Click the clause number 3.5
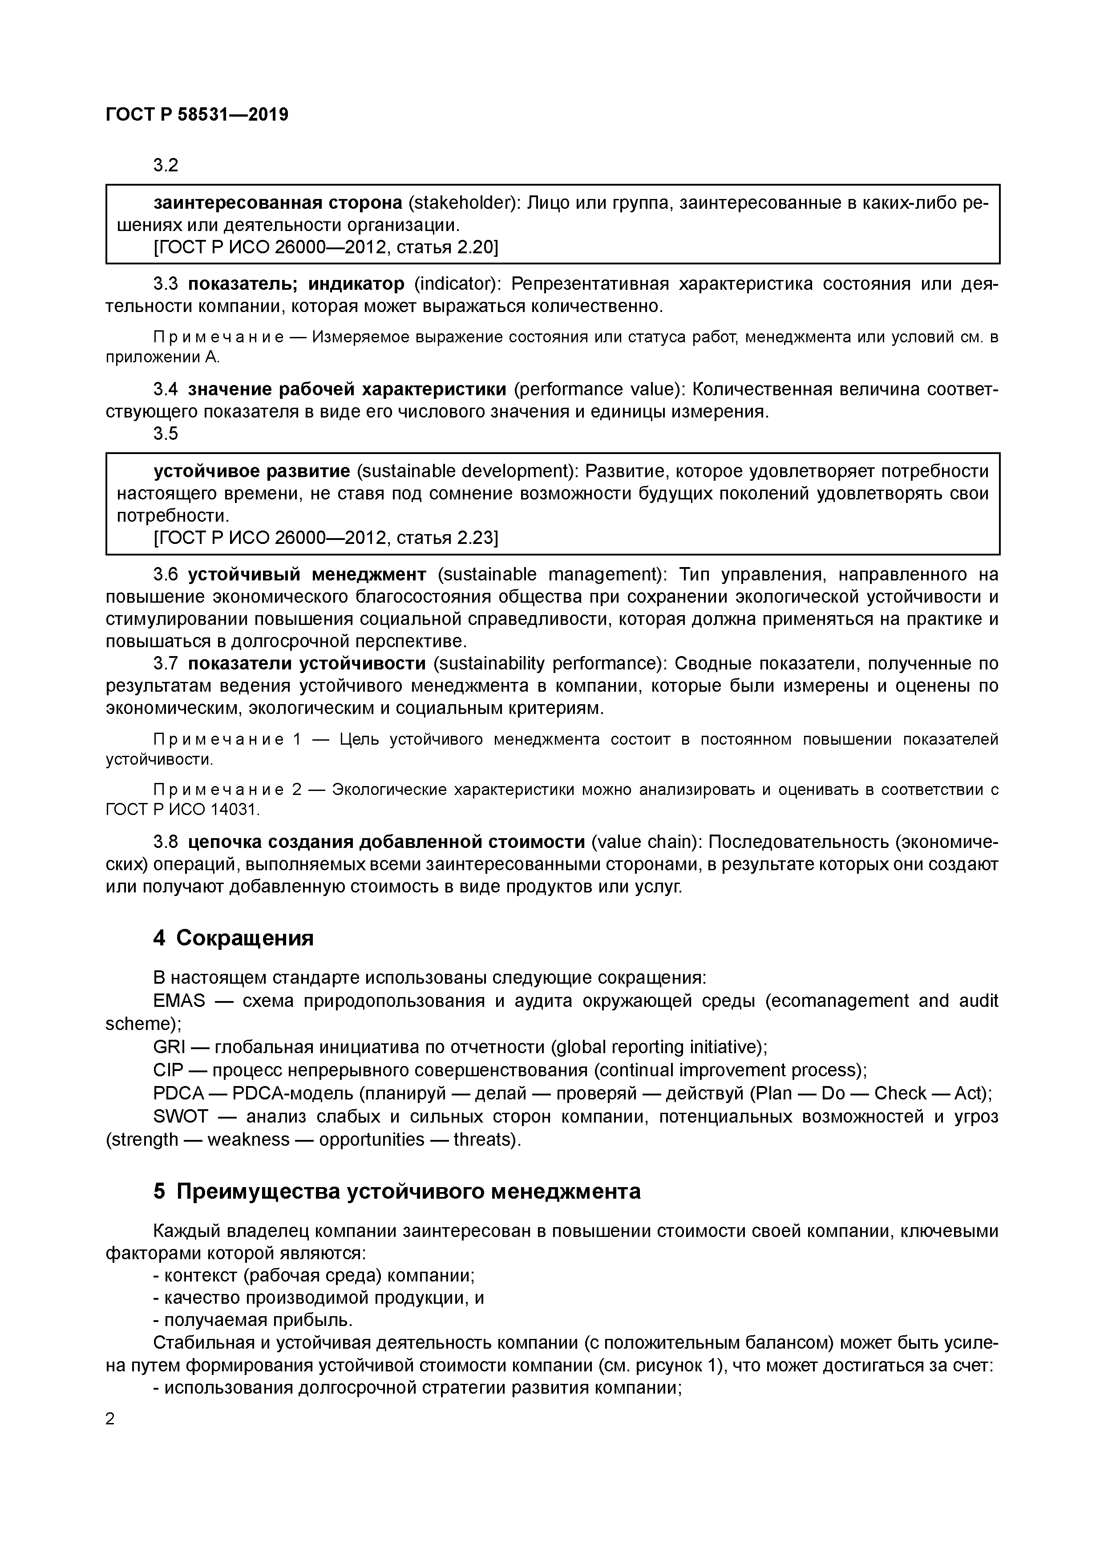[165, 434]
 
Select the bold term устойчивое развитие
[251, 471]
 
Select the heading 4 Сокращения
[233, 938]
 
